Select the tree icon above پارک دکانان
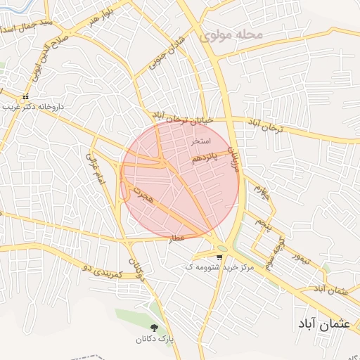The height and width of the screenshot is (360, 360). [x=154, y=328]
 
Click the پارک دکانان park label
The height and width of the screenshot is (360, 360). [x=154, y=340]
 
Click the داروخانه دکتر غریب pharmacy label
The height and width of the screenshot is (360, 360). [x=32, y=106]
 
